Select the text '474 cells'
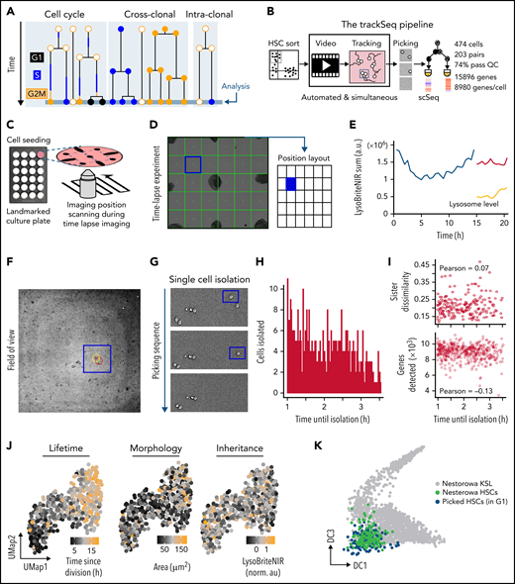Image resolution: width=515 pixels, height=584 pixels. click(477, 36)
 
